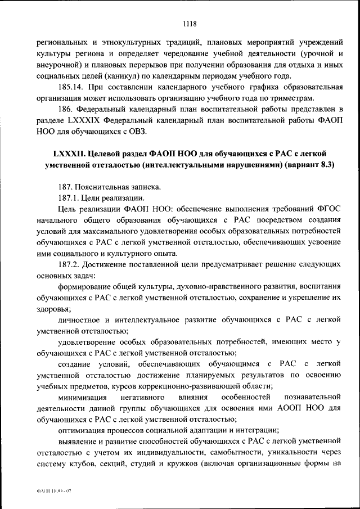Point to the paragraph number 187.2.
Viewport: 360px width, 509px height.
(x=70, y=265)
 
